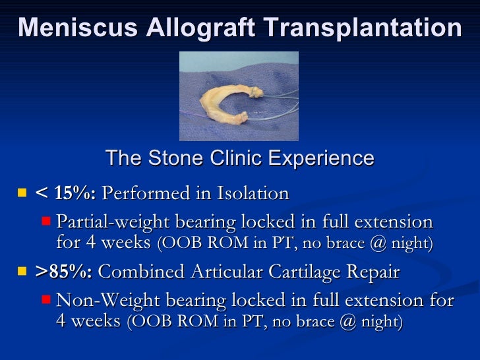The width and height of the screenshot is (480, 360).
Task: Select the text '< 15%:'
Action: [65, 194]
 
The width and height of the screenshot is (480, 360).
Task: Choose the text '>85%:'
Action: [64, 272]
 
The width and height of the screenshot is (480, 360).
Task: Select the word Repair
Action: [375, 272]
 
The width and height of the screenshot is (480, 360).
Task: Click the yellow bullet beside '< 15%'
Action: [22, 193]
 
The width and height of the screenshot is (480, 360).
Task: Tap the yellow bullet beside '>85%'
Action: [22, 272]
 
